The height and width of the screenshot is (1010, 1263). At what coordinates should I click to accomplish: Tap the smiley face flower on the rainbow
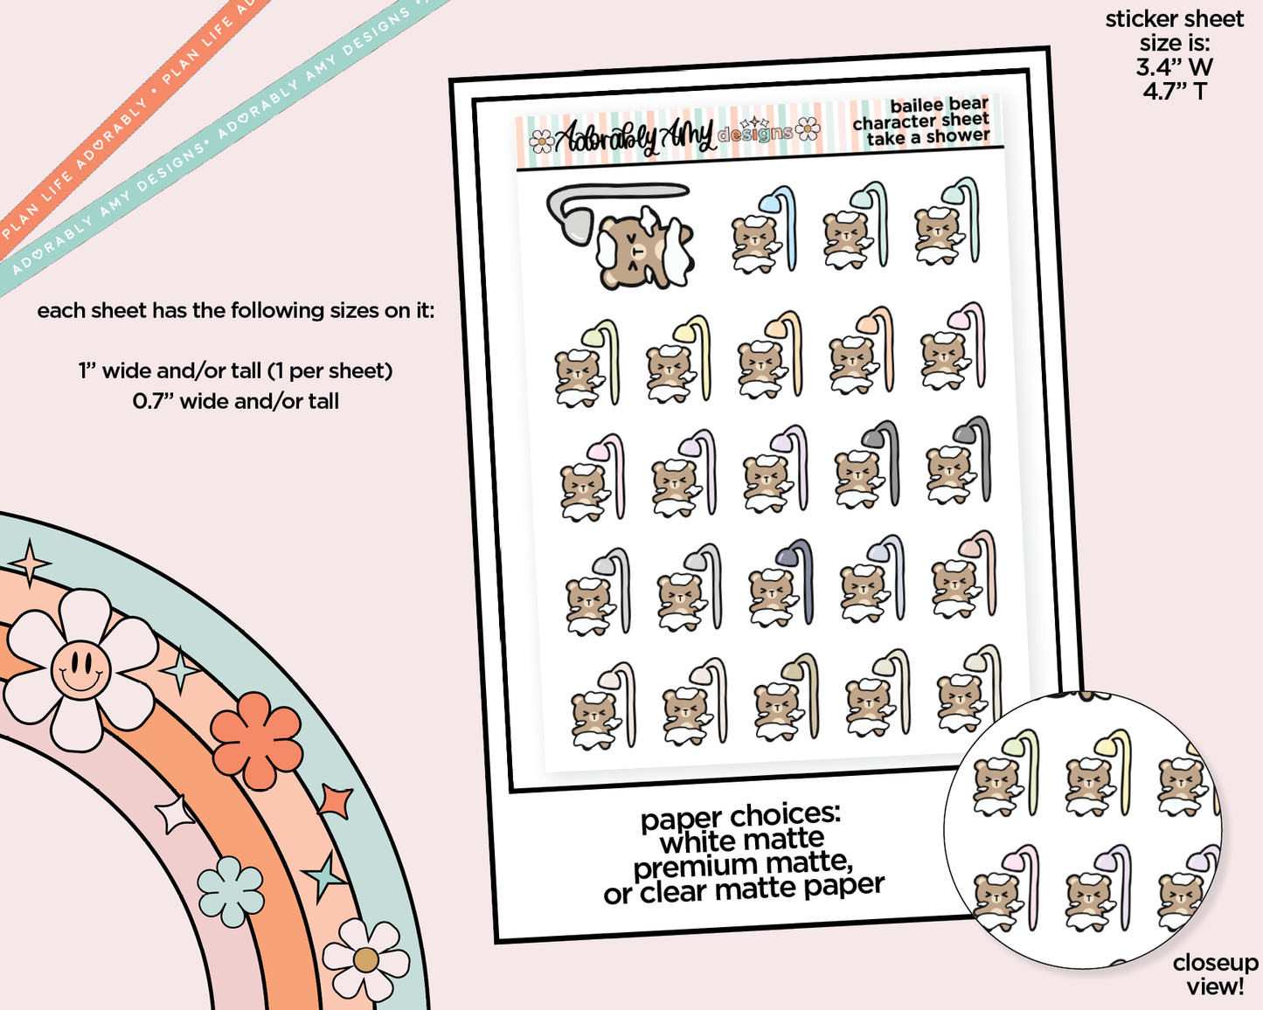click(80, 669)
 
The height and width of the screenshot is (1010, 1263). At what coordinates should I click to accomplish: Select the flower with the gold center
click(365, 959)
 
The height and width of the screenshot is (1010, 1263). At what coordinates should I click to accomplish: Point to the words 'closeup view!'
click(1215, 974)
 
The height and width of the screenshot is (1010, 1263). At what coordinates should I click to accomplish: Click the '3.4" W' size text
click(1174, 67)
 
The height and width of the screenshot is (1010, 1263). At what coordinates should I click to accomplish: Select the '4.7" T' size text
click(1174, 91)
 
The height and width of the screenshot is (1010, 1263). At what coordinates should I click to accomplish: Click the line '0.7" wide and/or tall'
click(236, 401)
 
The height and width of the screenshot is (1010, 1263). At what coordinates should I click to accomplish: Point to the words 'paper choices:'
click(740, 816)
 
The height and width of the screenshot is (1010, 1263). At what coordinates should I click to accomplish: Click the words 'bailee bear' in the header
click(939, 106)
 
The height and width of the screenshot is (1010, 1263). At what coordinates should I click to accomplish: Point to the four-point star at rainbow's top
click(30, 564)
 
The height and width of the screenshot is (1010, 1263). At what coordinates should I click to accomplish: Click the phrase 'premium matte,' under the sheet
click(743, 866)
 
